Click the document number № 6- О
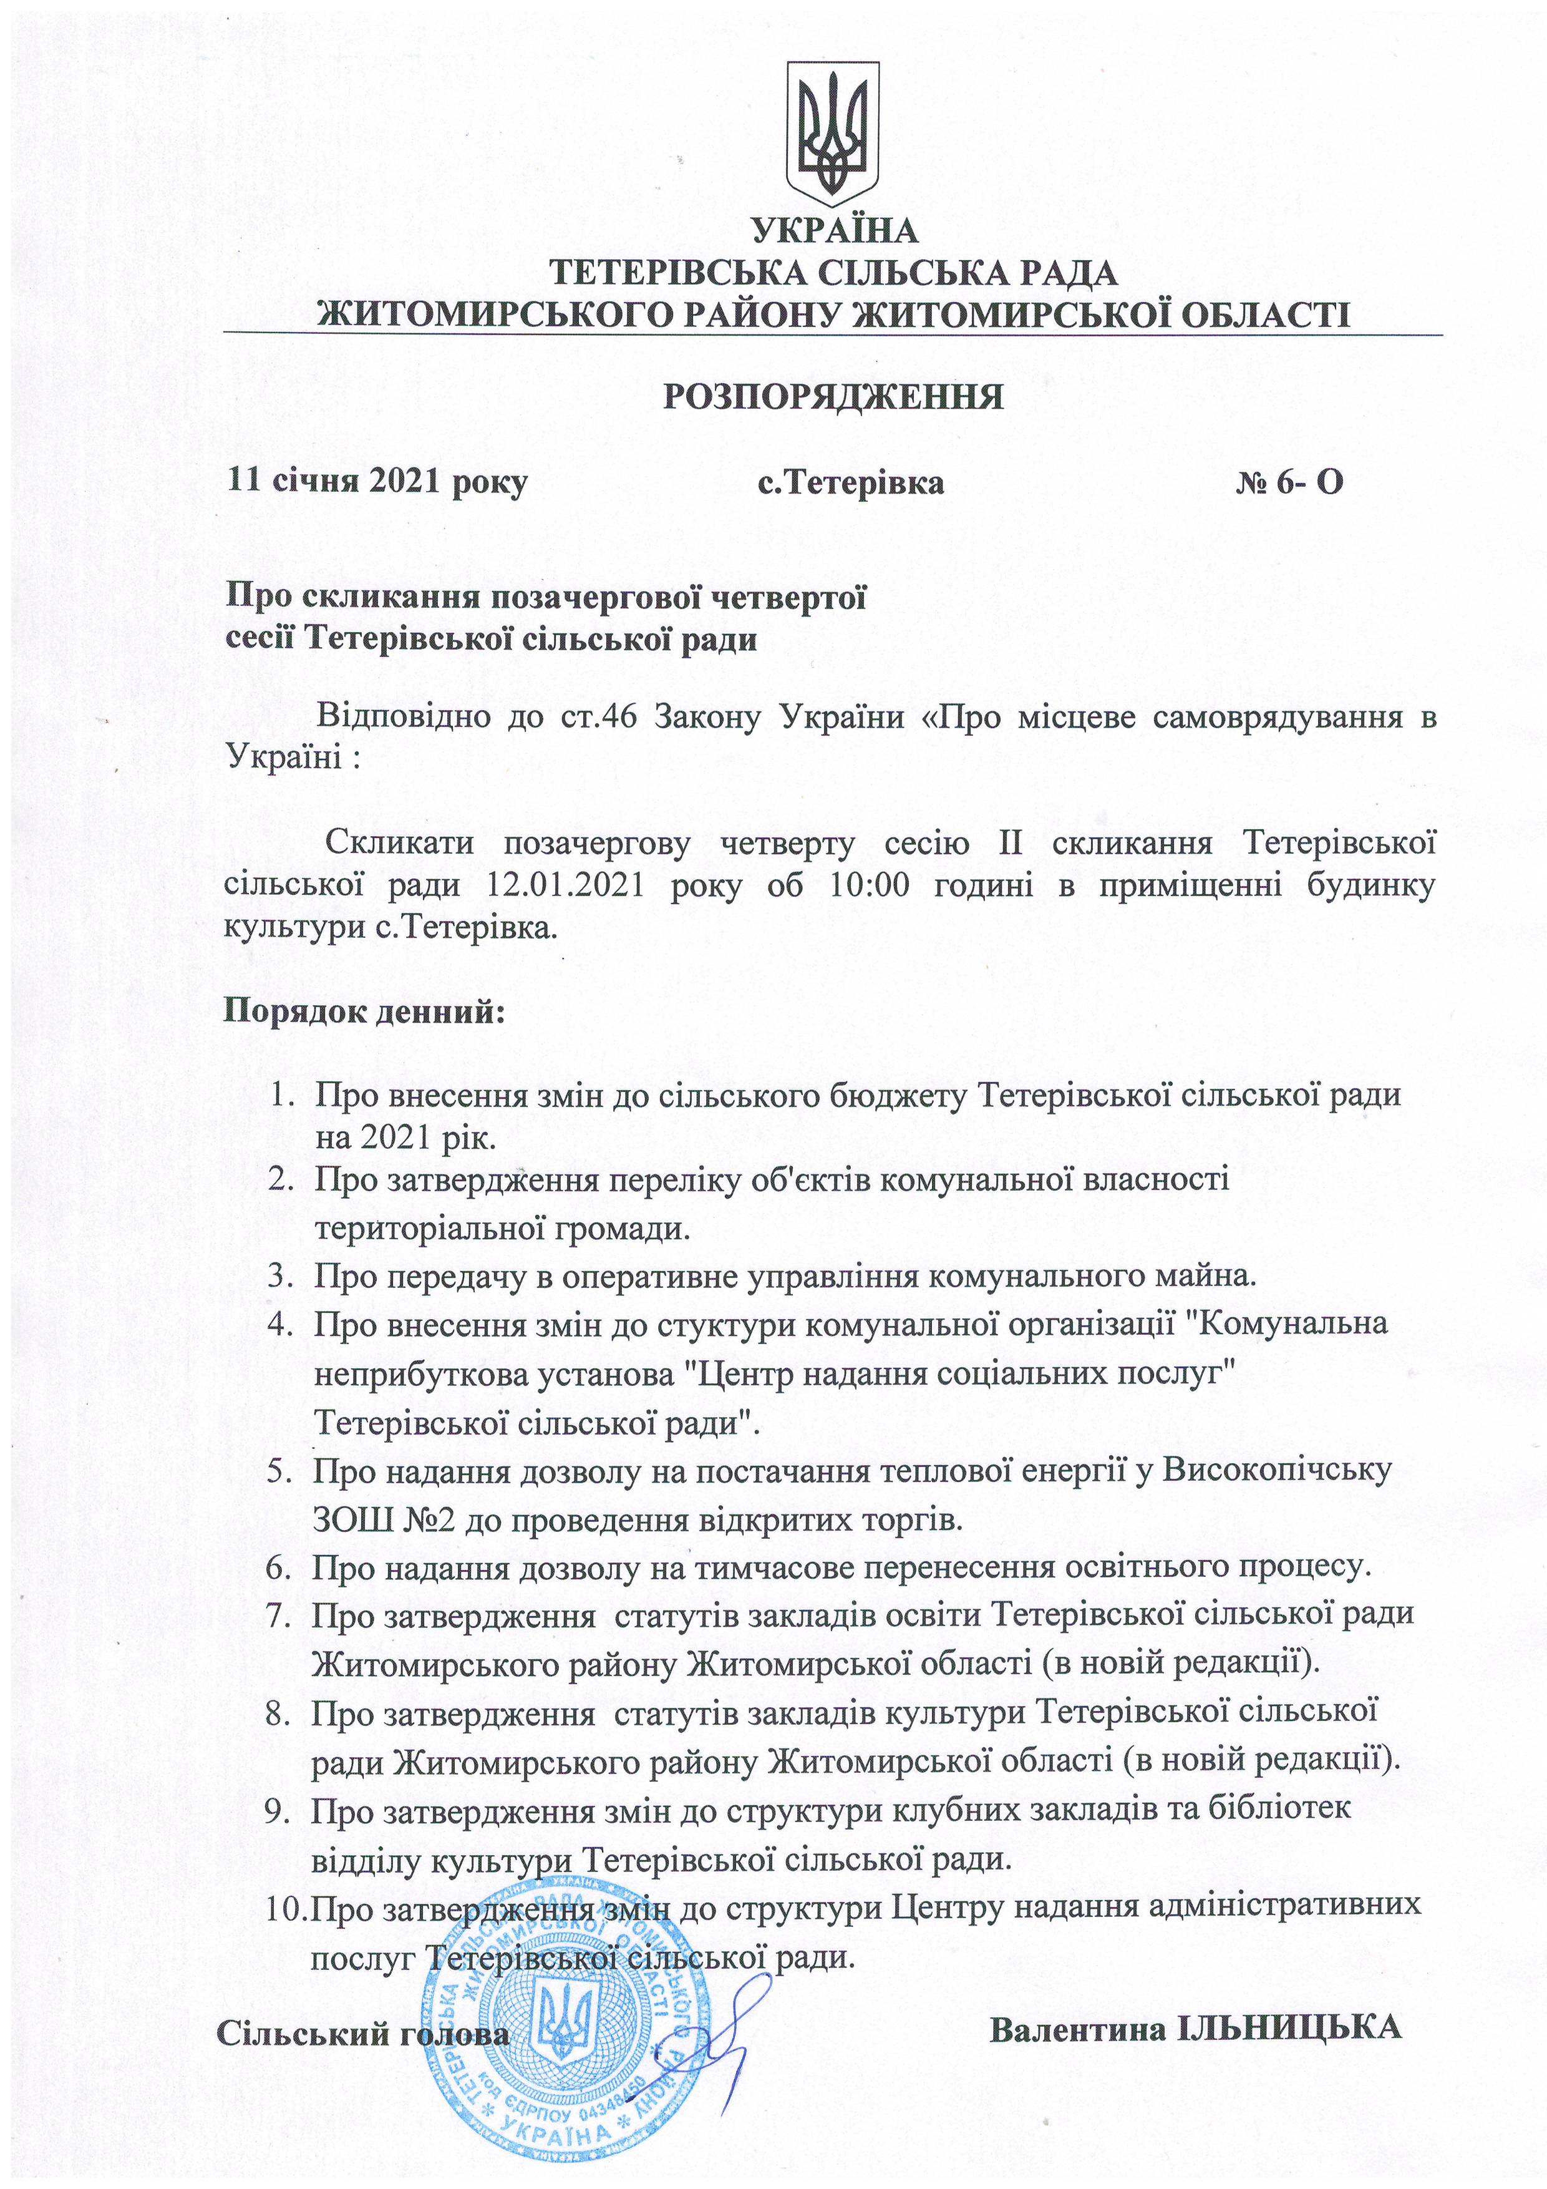1289,482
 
